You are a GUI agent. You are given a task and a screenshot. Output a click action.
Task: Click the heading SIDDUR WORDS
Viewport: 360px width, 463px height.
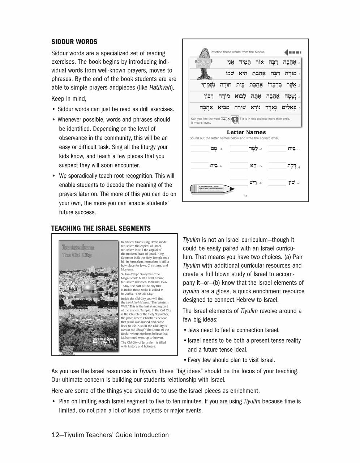coord(74,42)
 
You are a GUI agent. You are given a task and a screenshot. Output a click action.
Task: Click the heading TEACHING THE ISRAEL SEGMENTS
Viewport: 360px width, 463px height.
coord(101,228)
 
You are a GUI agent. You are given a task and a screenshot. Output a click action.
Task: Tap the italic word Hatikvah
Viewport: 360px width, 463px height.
coord(160,88)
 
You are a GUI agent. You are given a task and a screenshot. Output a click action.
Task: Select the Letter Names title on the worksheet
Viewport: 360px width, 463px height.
coord(246,132)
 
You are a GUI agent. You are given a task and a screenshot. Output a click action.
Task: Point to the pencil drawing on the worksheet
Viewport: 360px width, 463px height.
coord(212,188)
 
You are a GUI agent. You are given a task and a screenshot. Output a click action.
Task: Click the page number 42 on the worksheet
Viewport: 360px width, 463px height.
coord(245,196)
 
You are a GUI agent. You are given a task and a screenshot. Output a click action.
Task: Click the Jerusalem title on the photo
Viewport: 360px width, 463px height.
coord(77,248)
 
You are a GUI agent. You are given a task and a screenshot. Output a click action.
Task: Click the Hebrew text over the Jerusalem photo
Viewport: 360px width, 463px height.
coord(104,341)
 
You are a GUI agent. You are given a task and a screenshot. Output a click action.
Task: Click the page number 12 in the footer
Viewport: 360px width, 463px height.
coord(55,435)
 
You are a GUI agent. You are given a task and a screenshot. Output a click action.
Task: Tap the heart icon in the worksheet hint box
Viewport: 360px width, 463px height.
coord(235,119)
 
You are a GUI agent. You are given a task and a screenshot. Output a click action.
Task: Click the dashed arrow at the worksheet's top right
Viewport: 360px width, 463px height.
coord(293,51)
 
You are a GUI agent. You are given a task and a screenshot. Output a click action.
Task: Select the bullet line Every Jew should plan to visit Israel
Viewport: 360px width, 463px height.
coord(231,360)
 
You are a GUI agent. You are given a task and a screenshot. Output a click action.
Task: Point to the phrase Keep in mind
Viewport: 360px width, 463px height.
coord(69,99)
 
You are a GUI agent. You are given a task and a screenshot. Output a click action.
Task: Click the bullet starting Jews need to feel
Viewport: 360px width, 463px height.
coord(233,330)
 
